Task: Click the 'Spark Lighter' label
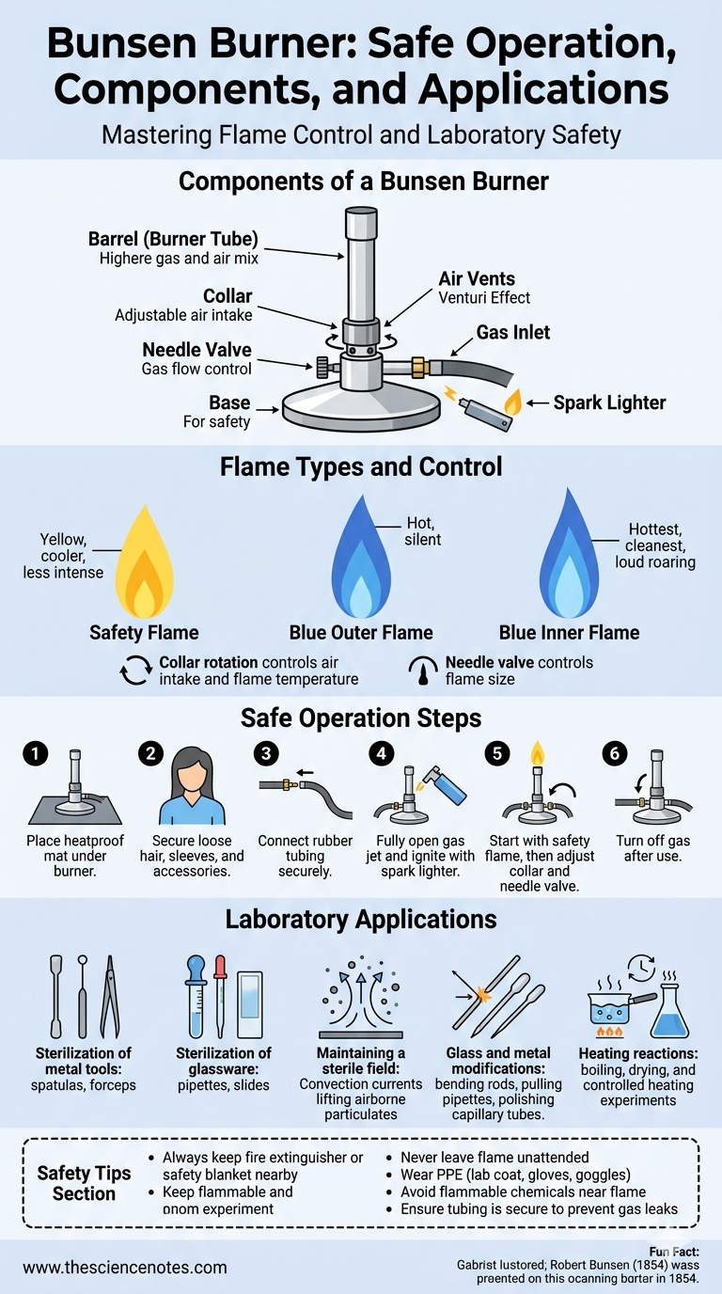[609, 402]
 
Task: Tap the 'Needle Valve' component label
[196, 350]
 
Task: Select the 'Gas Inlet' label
[513, 332]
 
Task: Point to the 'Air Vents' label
[477, 278]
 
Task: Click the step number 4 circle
[381, 752]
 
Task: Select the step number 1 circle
[35, 752]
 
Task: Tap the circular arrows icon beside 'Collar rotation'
[134, 671]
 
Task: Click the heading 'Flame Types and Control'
[361, 466]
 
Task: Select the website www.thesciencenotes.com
[125, 1267]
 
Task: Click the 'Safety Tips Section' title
[84, 1183]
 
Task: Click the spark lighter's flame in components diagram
[512, 402]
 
